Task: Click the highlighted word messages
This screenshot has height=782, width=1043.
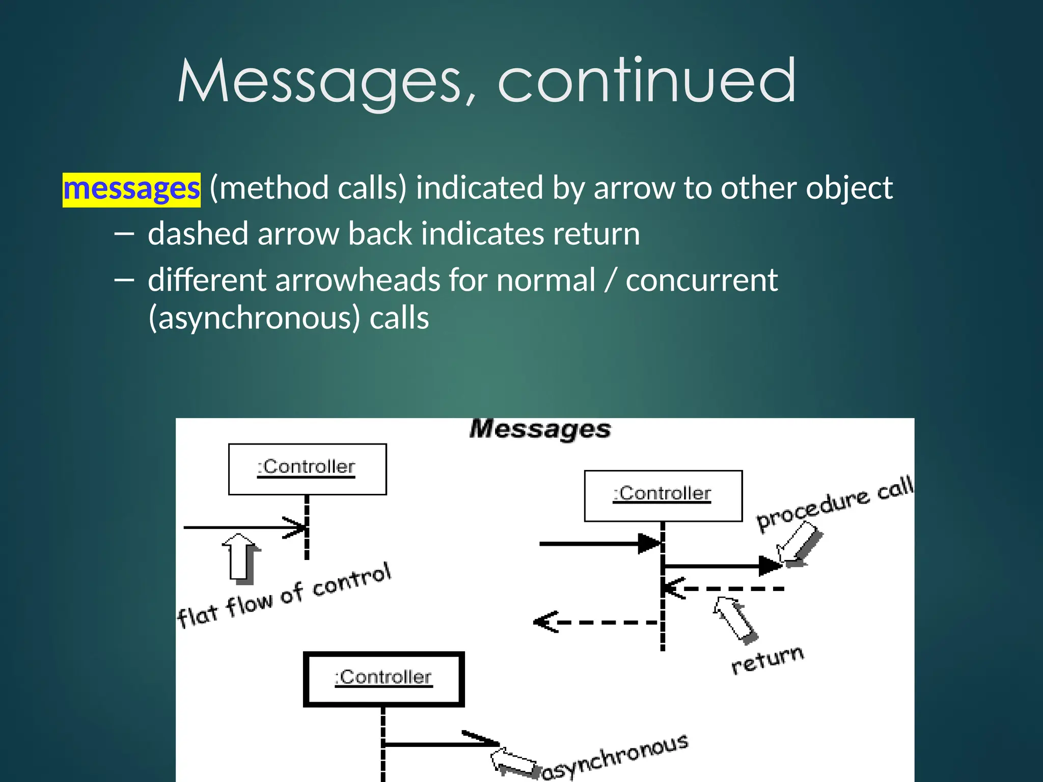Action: point(131,189)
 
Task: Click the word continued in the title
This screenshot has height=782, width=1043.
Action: point(646,81)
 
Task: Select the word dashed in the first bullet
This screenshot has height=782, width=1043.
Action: point(198,234)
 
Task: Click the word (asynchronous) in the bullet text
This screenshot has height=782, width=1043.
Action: point(254,318)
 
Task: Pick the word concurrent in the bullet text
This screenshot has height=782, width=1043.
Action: point(701,281)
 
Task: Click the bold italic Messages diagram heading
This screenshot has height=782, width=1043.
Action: point(540,429)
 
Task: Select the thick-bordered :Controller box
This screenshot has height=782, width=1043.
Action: point(383,679)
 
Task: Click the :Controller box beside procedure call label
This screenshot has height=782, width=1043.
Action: point(663,495)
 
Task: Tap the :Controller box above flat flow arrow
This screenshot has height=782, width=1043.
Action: point(307,468)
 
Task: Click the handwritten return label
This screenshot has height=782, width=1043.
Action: point(767,660)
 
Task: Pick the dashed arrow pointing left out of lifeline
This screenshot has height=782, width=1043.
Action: point(596,622)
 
